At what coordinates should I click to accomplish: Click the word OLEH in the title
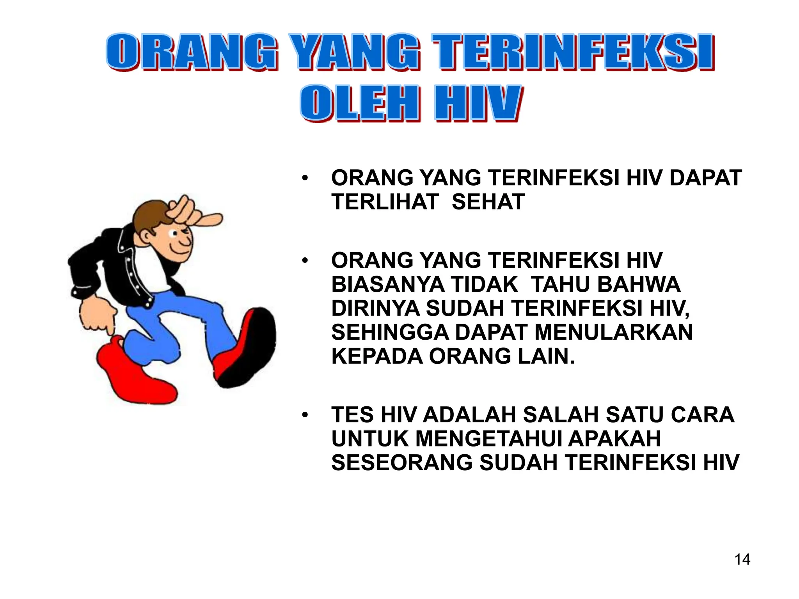[x=359, y=103]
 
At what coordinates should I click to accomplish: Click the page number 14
[x=742, y=560]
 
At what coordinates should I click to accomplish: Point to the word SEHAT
[x=488, y=202]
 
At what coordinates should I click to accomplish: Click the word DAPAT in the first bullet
[x=705, y=178]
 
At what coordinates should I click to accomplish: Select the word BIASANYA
[x=387, y=284]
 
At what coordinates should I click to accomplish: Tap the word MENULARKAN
[x=613, y=332]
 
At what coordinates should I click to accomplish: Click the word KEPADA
[x=376, y=356]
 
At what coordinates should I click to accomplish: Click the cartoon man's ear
[x=146, y=235]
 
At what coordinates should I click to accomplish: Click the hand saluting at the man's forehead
[x=191, y=211]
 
